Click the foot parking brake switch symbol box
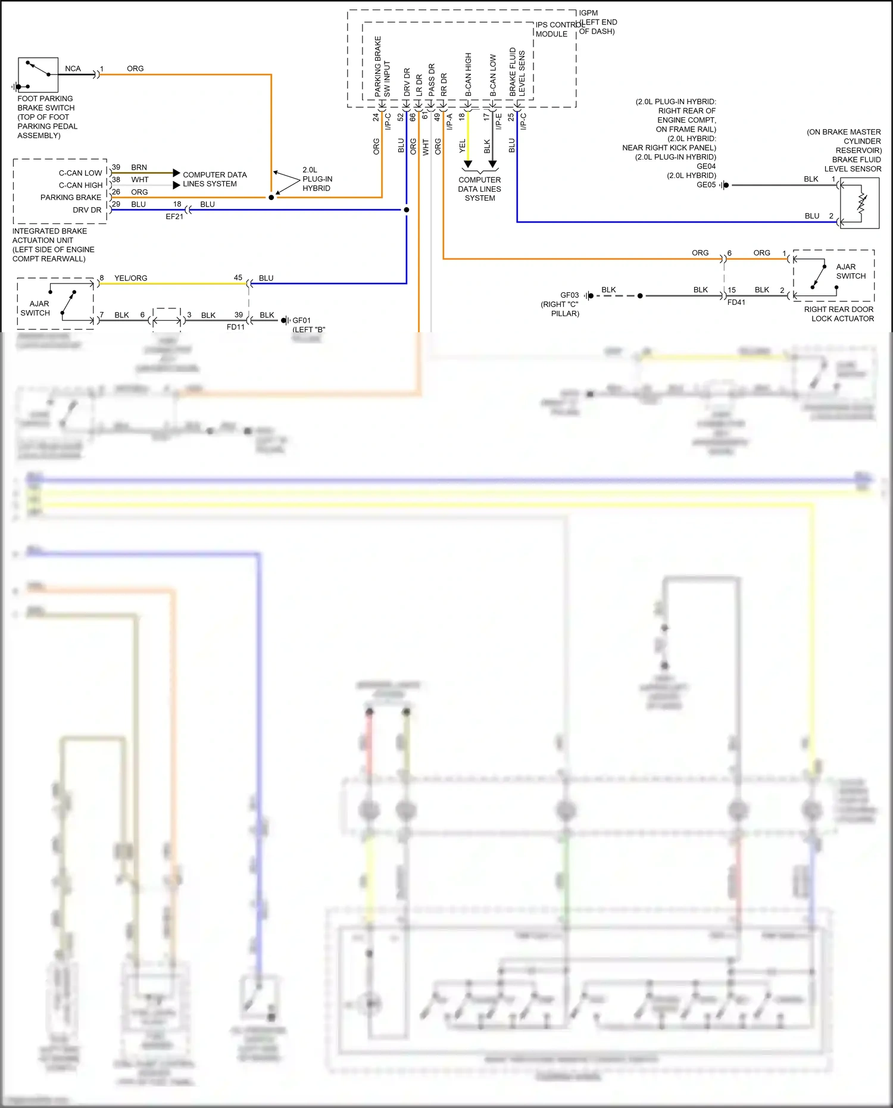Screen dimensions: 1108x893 pos(38,75)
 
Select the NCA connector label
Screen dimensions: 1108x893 pos(73,69)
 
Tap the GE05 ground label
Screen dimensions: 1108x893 pos(706,185)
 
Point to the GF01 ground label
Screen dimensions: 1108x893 pos(301,320)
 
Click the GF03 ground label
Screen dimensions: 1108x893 pos(569,295)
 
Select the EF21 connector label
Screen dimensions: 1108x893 pos(174,217)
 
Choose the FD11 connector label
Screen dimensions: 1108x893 pos(236,327)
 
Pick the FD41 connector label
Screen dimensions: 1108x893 pos(736,302)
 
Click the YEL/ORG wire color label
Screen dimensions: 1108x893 pos(130,278)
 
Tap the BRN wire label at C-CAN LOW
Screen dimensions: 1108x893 pos(139,168)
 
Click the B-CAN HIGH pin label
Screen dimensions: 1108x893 pos(469,75)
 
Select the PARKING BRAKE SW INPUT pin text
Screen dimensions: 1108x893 pos(382,67)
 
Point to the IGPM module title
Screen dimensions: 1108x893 pos(588,13)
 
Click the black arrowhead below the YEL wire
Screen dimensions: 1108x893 pos(468,164)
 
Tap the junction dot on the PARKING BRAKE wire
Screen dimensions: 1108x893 pos(271,197)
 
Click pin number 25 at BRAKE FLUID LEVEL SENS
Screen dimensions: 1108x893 pos(511,118)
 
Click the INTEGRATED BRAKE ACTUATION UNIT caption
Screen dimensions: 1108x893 pos(53,245)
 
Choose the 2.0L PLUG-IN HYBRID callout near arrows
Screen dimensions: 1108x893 pos(317,179)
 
